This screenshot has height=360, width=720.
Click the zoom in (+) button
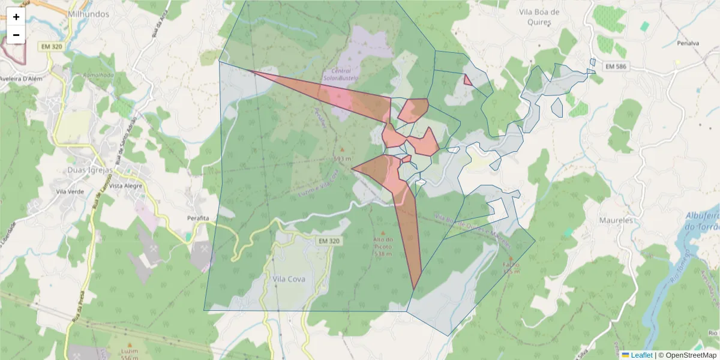point(16,17)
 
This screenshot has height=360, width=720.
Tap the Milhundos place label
point(88,13)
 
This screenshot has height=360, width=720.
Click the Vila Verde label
point(69,192)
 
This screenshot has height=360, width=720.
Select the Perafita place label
point(197,217)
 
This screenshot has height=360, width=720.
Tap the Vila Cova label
point(289,279)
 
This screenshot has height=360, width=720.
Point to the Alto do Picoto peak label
point(383,247)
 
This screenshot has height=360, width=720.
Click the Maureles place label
point(616,220)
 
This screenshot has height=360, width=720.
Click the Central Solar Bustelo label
point(340,74)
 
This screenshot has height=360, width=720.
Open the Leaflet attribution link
point(641,355)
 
